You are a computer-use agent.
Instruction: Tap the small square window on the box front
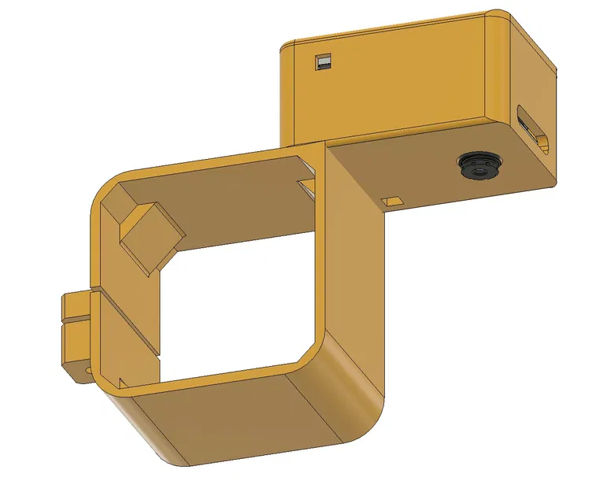(x=322, y=61)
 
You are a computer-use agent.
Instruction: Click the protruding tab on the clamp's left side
(x=76, y=335)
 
